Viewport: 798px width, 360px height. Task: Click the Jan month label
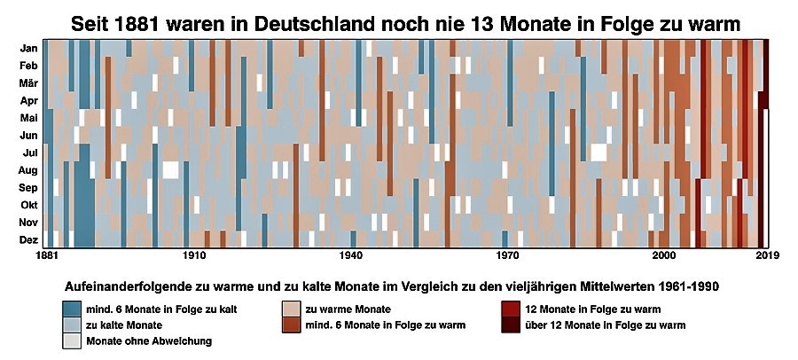[28, 49]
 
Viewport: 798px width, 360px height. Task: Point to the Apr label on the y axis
[29, 101]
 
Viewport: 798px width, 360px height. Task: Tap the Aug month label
[28, 170]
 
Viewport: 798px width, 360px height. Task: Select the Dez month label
[28, 239]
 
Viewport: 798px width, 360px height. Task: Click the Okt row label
[29, 205]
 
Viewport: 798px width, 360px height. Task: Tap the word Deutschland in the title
[295, 24]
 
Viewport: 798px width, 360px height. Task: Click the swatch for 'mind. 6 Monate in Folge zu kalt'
[71, 309]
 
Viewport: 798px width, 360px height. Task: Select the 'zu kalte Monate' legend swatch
[71, 325]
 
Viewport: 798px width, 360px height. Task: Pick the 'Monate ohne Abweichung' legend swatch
[71, 340]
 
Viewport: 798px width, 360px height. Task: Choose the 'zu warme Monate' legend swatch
[291, 309]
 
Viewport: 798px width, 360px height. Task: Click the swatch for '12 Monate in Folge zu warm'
[511, 309]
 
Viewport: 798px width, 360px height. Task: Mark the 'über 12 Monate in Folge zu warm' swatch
[511, 325]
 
